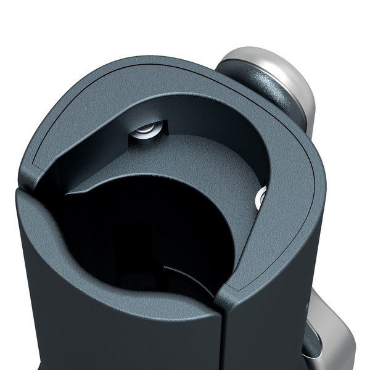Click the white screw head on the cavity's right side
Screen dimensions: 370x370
pyautogui.click(x=260, y=197)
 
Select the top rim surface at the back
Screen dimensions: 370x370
pyautogui.click(x=154, y=80)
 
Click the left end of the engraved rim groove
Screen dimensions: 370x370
pyautogui.click(x=31, y=166)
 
